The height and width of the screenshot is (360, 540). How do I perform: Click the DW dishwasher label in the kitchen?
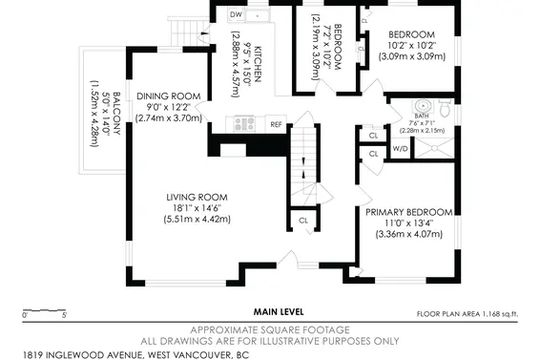236,14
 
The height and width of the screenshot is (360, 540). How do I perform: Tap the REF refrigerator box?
276,124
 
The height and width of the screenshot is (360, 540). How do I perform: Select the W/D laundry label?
400,149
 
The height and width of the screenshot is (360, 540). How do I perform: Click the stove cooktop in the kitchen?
244,124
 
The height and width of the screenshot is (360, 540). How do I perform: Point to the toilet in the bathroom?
445,108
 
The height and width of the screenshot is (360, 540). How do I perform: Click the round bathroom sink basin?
422,106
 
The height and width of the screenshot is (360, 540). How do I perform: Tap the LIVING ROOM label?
197,198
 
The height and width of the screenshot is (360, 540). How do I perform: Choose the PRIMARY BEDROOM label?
408,212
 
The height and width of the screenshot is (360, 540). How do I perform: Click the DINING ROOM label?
169,96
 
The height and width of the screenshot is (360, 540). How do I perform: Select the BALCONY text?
116,114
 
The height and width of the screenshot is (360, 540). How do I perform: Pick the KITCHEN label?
258,64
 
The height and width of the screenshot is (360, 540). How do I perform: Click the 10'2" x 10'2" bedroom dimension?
412,46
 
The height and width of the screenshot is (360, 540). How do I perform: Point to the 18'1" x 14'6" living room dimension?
197,208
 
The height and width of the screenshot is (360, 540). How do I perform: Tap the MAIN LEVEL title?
279,312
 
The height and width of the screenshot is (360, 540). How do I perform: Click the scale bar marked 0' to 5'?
44,310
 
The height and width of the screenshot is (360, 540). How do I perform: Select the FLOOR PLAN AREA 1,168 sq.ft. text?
467,314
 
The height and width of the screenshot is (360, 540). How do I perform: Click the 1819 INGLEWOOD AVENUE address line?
136,355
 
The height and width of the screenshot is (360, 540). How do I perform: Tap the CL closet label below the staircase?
303,221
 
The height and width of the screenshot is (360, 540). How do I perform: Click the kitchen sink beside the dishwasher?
258,15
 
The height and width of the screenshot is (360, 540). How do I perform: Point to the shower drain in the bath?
435,148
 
